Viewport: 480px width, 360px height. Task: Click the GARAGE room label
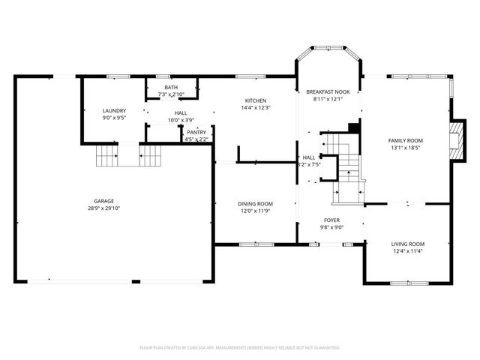(103, 201)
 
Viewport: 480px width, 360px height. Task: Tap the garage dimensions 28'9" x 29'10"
(103, 208)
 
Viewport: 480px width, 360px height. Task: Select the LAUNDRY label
(114, 110)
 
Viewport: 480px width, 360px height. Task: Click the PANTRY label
(196, 132)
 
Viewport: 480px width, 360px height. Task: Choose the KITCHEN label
(256, 100)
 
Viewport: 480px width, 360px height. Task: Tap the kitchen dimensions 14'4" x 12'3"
(256, 108)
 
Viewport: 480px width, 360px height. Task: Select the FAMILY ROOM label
(405, 140)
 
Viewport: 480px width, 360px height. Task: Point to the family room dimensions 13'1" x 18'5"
(405, 148)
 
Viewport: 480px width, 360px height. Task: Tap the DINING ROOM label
(255, 204)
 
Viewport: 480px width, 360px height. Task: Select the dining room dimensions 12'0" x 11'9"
(255, 211)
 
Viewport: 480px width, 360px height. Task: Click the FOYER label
(331, 220)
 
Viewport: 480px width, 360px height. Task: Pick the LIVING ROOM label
(408, 244)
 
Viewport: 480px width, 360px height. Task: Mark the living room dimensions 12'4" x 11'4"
(408, 251)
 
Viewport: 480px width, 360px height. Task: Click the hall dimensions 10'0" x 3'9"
(181, 120)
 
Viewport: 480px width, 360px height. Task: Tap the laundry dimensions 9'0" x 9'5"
(114, 118)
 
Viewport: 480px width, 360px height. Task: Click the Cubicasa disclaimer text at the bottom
(240, 348)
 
